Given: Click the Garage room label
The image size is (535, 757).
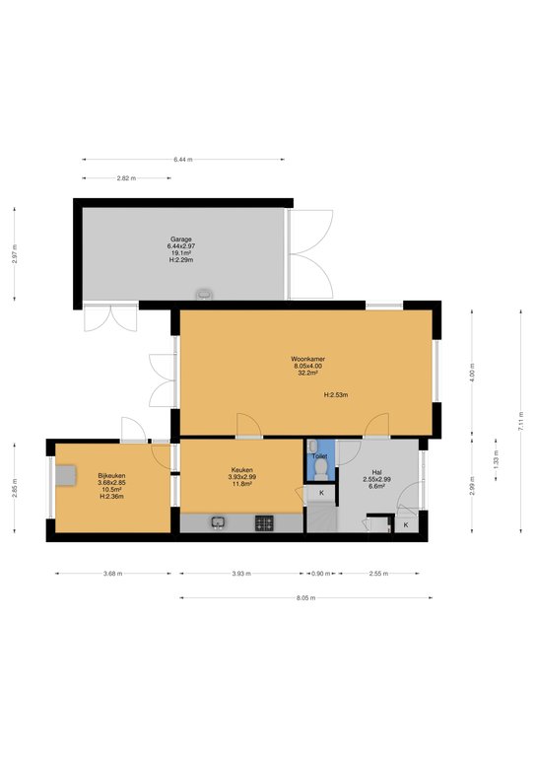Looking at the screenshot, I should (x=180, y=239).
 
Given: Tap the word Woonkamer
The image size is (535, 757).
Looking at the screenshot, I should (x=307, y=358).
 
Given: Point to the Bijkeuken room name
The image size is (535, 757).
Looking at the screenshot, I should (x=111, y=475).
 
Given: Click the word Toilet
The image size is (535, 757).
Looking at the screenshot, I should (x=319, y=456).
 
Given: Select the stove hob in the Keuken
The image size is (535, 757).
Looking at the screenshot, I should (x=265, y=522).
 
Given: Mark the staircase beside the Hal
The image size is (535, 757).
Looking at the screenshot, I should (x=321, y=515).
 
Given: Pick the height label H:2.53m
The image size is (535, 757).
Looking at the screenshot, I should (x=336, y=394).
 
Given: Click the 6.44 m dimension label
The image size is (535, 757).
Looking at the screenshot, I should (x=183, y=159).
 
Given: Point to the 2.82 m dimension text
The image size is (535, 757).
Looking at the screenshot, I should (x=125, y=178).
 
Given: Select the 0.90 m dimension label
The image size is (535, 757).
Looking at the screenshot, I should (x=320, y=573).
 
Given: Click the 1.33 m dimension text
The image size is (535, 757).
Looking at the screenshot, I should (x=496, y=459).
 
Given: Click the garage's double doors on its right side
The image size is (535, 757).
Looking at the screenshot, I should (x=311, y=253).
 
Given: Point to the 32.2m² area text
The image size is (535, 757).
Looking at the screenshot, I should (x=307, y=374).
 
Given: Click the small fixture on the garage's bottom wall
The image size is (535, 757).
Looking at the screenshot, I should (x=204, y=293).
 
